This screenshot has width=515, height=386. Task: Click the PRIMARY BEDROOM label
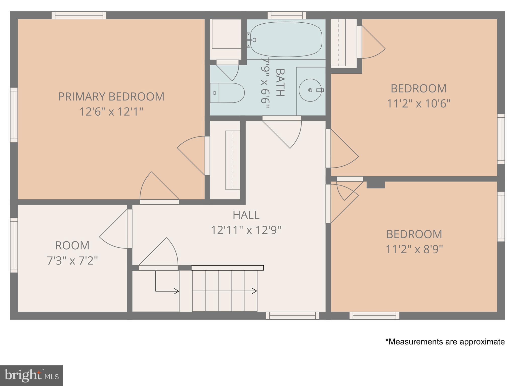pyautogui.click(x=111, y=96)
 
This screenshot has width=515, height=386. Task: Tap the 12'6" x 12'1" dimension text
pyautogui.click(x=111, y=112)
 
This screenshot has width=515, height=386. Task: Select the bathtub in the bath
pyautogui.click(x=286, y=39)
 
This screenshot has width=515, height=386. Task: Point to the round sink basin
pyautogui.click(x=310, y=90)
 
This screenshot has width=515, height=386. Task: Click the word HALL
pyautogui.click(x=246, y=215)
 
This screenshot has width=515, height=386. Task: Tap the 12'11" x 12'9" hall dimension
pyautogui.click(x=246, y=230)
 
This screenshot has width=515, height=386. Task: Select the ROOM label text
pyautogui.click(x=72, y=246)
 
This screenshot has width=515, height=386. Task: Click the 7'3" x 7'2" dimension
pyautogui.click(x=72, y=261)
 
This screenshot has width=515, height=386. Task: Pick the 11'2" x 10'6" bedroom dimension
pyautogui.click(x=418, y=104)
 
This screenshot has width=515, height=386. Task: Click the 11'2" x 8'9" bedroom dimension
pyautogui.click(x=414, y=249)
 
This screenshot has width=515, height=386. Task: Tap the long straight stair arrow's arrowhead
pyautogui.click(x=254, y=291)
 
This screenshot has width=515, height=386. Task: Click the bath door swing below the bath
pyautogui.click(x=287, y=133)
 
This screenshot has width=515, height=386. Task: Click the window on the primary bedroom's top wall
pyautogui.click(x=79, y=15)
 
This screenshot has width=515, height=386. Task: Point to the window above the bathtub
pyautogui.click(x=287, y=15)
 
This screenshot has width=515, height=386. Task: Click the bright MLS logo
pyautogui.click(x=31, y=375)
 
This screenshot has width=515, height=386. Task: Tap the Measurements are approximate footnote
pyautogui.click(x=445, y=342)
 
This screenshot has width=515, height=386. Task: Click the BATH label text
pyautogui.click(x=280, y=82)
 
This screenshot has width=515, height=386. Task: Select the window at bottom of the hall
pyautogui.click(x=292, y=315)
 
